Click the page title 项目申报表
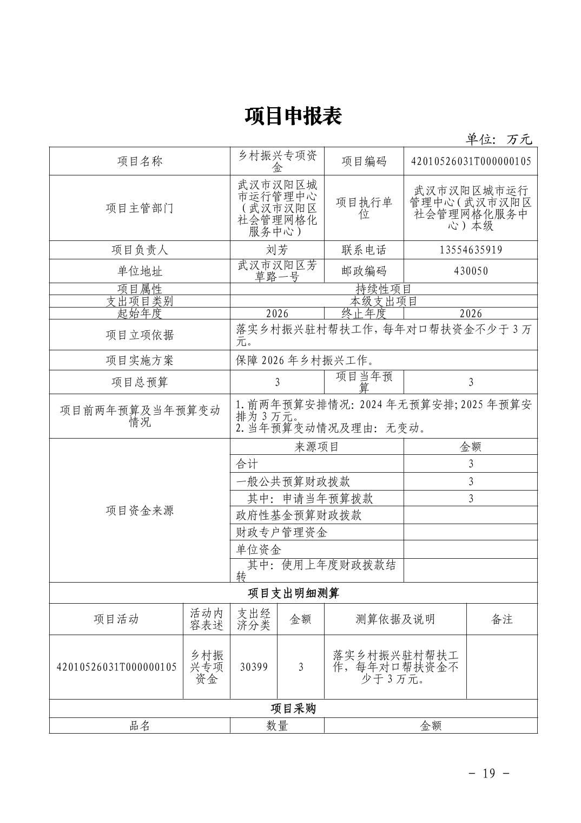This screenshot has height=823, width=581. pos(293,116)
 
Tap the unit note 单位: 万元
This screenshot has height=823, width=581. pos(499,139)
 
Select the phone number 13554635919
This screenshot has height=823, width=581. pos(471,250)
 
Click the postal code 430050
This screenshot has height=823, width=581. pos(471,271)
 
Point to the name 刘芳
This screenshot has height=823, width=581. pos(277,250)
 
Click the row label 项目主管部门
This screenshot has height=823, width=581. pos(140,208)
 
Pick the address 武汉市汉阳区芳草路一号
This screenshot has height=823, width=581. pos(277,271)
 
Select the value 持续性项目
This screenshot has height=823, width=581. pos(384,289)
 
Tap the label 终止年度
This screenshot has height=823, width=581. pos(364,313)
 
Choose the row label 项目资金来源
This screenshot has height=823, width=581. pos(140,510)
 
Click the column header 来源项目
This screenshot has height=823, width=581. pos(316,447)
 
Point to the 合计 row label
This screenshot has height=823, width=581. pos(247,463)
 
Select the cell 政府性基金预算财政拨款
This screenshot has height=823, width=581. pos(299,515)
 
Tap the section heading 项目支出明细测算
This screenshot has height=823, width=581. pos(293,593)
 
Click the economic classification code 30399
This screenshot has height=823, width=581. pos(254,667)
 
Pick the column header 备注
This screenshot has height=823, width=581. pos(501,619)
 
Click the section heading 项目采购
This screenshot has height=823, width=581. pos(293,708)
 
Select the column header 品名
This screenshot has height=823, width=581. pos(140,726)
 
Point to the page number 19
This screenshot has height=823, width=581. pos(488,773)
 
